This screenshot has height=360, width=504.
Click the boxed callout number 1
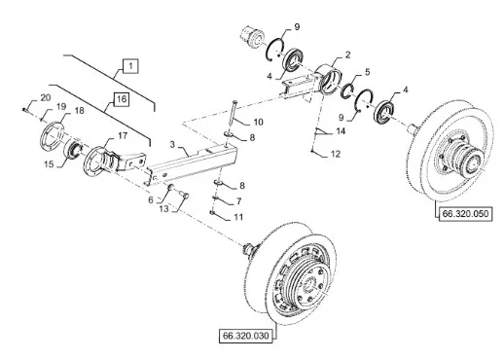point(130,66)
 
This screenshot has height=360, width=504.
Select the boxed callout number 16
point(122,99)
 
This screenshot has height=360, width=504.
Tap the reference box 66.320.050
point(465,214)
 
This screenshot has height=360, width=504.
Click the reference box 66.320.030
point(246,336)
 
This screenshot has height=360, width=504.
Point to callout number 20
point(46,97)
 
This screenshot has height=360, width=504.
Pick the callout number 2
point(348,54)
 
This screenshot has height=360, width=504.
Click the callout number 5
point(367,72)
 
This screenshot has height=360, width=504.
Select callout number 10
point(259,122)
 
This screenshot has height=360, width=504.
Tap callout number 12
point(336,154)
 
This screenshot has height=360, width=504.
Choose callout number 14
point(341,131)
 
